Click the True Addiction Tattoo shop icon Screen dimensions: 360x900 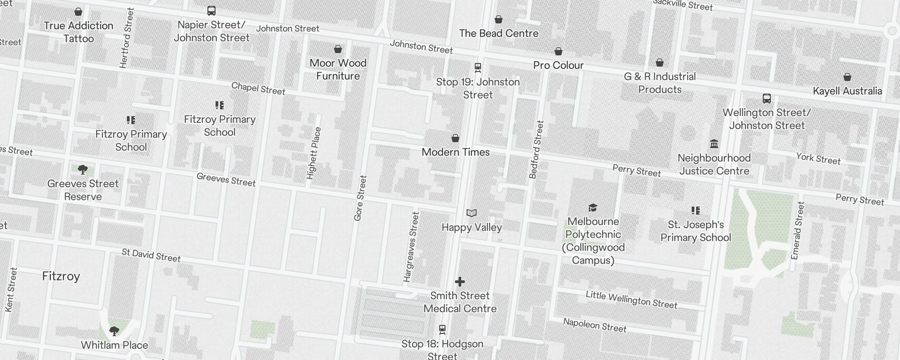(78, 12)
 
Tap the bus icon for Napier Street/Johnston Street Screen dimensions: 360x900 (211, 10)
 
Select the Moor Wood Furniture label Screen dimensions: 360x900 (338, 69)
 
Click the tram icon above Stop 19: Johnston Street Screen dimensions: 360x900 (478, 67)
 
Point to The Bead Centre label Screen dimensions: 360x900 (499, 33)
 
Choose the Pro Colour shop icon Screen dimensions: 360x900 (558, 51)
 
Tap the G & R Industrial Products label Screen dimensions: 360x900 (660, 83)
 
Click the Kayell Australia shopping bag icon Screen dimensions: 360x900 (847, 77)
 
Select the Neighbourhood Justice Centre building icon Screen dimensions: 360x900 (714, 144)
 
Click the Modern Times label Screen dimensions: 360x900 (455, 152)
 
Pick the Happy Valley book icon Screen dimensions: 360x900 (472, 213)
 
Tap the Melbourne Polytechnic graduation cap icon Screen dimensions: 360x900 (593, 207)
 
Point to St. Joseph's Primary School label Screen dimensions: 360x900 (696, 231)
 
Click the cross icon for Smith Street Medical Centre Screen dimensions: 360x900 (459, 282)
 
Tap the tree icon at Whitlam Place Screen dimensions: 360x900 (114, 332)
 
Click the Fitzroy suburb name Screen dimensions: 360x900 (61, 276)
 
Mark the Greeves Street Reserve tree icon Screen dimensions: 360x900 (82, 170)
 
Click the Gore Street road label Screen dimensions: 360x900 (360, 198)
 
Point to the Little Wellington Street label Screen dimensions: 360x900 (631, 300)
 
